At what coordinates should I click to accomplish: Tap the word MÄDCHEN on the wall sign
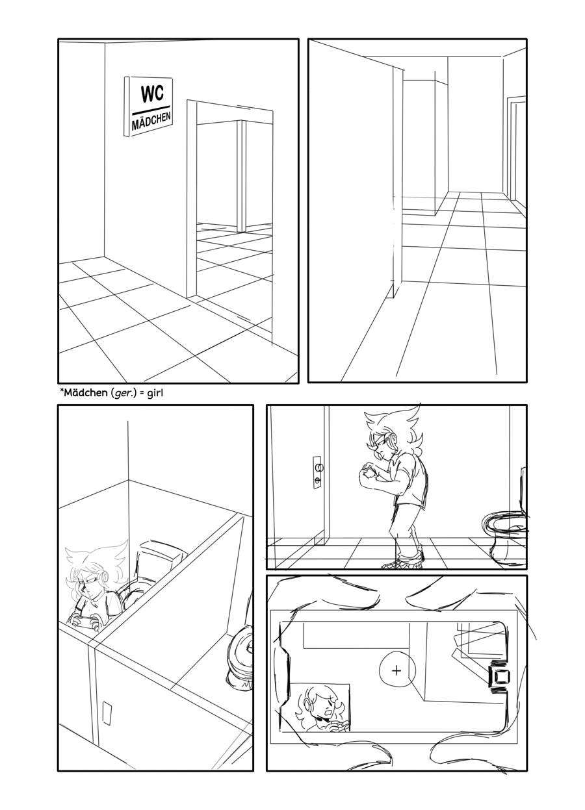pos(151,120)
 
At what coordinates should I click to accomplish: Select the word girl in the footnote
pos(155,394)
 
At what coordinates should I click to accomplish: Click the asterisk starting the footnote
pos(61,391)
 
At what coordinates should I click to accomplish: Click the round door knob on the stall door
pos(318,467)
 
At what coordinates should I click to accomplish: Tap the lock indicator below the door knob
pos(317,481)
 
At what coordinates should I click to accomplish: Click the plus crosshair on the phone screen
pos(396,661)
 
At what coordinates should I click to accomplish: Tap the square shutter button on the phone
pos(499,665)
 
